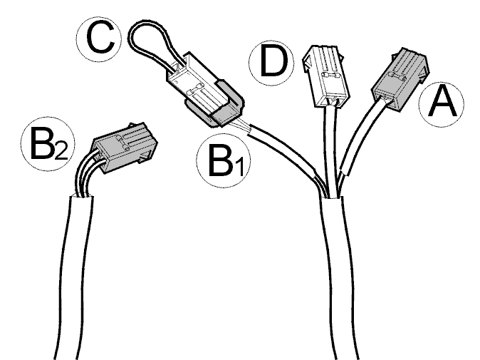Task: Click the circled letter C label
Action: click(99, 39)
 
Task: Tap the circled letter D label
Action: click(271, 63)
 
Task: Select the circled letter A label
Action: click(441, 104)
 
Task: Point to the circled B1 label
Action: click(224, 160)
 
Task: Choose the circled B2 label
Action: click(48, 144)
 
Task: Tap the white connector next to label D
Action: click(325, 76)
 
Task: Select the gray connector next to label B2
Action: click(125, 147)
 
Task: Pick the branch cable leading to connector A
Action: click(358, 144)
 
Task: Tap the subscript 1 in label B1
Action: click(239, 168)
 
